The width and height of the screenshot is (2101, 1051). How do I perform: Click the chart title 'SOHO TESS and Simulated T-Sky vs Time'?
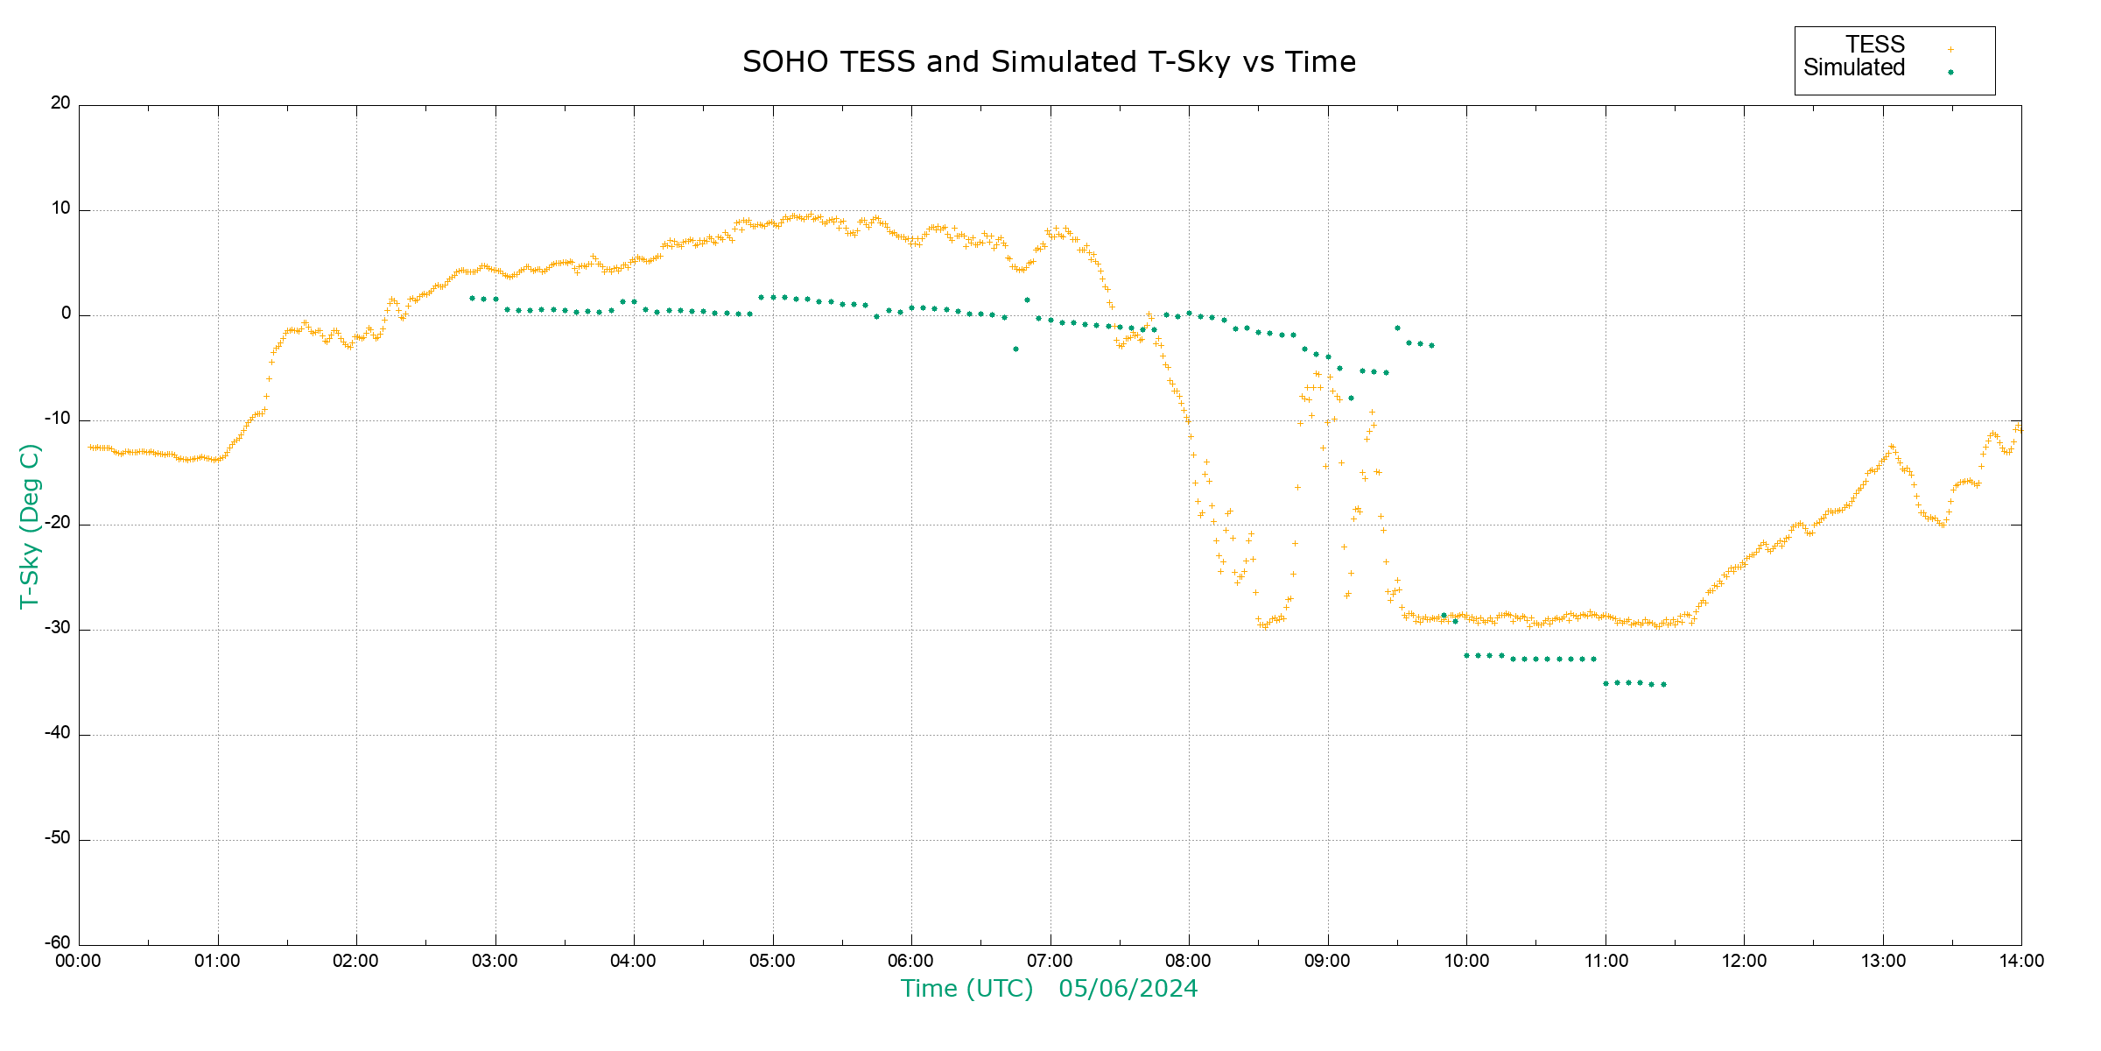pyautogui.click(x=1049, y=62)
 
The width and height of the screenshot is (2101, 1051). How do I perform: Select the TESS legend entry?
pyautogui.click(x=1875, y=45)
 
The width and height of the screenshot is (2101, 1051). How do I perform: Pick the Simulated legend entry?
pyautogui.click(x=1854, y=68)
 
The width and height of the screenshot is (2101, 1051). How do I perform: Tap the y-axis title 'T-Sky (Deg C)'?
pyautogui.click(x=30, y=525)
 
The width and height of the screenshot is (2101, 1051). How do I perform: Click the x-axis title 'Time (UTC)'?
pyautogui.click(x=966, y=989)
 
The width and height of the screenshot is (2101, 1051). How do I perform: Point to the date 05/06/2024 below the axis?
pyautogui.click(x=1128, y=989)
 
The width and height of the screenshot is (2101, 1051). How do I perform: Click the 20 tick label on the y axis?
pyautogui.click(x=60, y=103)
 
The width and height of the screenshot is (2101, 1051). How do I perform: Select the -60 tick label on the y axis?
pyautogui.click(x=58, y=943)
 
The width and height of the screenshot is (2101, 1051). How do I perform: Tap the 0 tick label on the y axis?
pyautogui.click(x=66, y=314)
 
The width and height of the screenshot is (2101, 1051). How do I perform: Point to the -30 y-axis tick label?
pyautogui.click(x=58, y=628)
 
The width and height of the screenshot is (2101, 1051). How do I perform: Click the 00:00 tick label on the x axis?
pyautogui.click(x=79, y=961)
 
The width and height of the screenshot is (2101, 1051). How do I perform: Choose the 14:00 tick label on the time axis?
pyautogui.click(x=2021, y=961)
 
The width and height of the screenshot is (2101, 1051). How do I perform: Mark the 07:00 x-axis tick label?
pyautogui.click(x=1050, y=961)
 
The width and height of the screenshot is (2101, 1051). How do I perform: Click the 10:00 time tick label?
pyautogui.click(x=1466, y=961)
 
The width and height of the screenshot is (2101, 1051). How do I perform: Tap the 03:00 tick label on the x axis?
pyautogui.click(x=495, y=961)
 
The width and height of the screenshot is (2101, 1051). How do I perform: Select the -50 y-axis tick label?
pyautogui.click(x=58, y=838)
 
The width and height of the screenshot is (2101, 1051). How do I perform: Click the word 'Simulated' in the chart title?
pyautogui.click(x=1063, y=62)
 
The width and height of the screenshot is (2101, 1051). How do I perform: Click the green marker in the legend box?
pyautogui.click(x=1950, y=73)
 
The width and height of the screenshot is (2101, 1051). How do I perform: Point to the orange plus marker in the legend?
pyautogui.click(x=1950, y=49)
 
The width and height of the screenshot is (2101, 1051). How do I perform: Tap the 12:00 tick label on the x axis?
pyautogui.click(x=1744, y=961)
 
